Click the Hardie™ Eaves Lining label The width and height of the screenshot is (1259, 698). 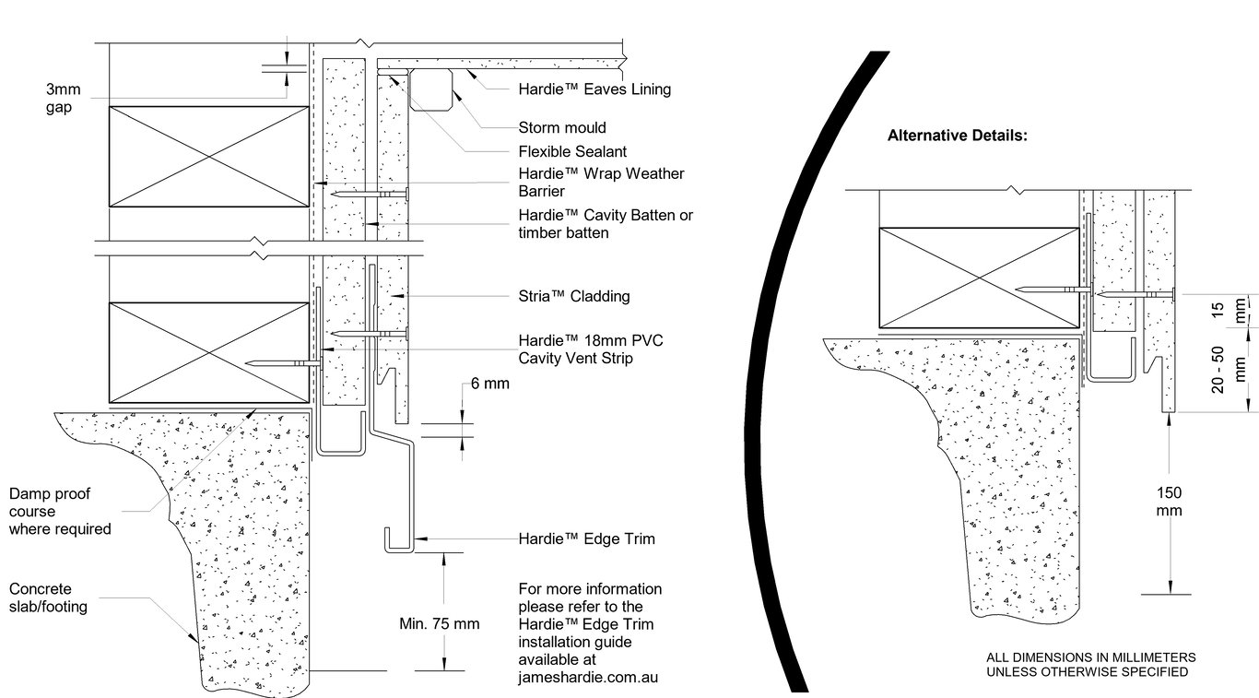[x=594, y=89]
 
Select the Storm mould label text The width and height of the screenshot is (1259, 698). [x=562, y=128]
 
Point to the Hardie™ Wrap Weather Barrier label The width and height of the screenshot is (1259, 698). [x=601, y=183]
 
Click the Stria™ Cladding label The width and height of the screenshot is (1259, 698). [x=574, y=296]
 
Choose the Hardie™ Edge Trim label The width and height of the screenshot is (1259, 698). [x=586, y=538]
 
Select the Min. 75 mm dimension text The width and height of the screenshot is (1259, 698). [x=440, y=623]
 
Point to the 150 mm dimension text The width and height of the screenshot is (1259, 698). [x=1169, y=501]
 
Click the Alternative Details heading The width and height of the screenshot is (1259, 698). [x=957, y=136]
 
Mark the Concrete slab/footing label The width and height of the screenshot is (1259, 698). [x=48, y=597]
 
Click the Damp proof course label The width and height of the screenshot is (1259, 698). [x=59, y=511]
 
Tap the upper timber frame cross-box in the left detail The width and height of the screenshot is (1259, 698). [x=209, y=156]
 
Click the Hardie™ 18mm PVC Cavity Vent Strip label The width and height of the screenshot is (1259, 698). [x=591, y=349]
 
